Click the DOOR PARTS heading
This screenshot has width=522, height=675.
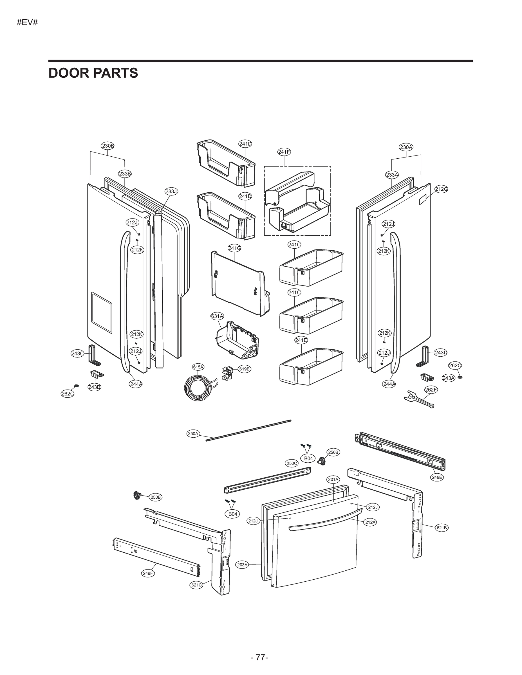(x=93, y=73)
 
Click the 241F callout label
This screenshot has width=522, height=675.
(x=284, y=152)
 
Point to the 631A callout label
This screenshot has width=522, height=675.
(x=217, y=316)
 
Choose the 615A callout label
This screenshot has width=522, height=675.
(x=198, y=367)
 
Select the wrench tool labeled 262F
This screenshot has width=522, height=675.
(x=419, y=400)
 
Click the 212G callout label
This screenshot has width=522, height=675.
(x=441, y=189)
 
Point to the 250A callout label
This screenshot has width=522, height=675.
(x=193, y=434)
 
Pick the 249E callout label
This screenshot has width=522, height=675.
(x=437, y=477)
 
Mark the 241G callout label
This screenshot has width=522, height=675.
(x=234, y=248)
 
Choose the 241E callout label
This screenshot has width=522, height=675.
(x=301, y=340)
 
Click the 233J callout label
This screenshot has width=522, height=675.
(x=171, y=191)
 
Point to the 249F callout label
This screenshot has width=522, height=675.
(x=148, y=573)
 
